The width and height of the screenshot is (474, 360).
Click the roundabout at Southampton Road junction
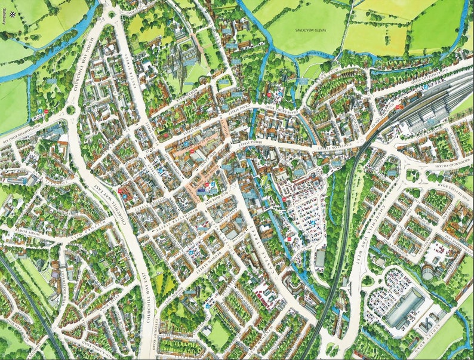70,110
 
